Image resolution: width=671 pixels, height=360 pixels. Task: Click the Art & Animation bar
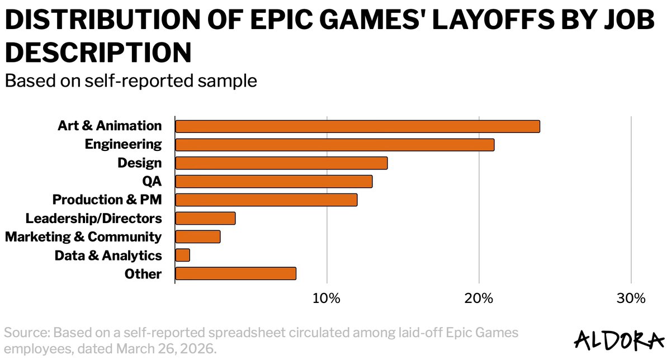[357, 126]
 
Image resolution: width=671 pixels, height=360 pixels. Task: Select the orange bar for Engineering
[334, 145]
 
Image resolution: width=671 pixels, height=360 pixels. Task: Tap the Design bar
[281, 163]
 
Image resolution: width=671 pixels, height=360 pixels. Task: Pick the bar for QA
[273, 182]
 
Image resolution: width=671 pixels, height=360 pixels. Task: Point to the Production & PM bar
[266, 200]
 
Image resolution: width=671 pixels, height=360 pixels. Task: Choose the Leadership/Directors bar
[205, 219]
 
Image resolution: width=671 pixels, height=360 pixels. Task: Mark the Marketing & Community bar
[198, 237]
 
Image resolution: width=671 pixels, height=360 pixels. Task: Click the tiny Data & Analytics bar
[183, 255]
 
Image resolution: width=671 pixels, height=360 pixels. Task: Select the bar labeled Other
[235, 274]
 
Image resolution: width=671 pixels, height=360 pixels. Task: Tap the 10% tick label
[327, 299]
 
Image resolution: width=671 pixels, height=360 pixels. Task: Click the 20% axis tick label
[479, 299]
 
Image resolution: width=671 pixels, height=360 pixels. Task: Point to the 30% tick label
[631, 299]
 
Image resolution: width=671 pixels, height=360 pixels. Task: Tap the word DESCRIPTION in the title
[98, 53]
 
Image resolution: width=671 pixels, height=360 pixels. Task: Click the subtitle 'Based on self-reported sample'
[130, 81]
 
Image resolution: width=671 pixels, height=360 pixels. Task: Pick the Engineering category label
[123, 145]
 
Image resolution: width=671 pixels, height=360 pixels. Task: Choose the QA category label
[152, 182]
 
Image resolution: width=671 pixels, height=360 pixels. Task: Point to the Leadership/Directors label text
[94, 219]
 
